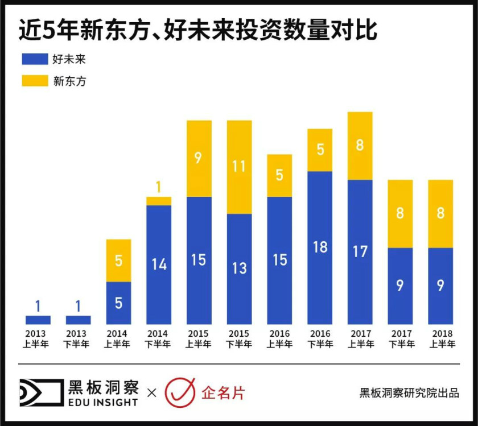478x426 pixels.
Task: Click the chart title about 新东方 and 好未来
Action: (x=197, y=31)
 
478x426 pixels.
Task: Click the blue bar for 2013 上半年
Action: (x=38, y=320)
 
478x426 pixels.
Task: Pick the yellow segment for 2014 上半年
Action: (x=118, y=260)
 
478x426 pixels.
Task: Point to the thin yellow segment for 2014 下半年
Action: (x=159, y=201)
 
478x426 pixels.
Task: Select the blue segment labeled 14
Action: (x=159, y=264)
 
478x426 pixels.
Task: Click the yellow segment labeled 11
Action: (x=240, y=167)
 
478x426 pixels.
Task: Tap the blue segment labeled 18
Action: (x=320, y=247)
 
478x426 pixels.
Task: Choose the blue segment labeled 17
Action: (x=360, y=252)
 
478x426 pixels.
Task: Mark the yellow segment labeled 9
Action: (x=199, y=159)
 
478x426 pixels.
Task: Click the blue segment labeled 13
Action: (x=240, y=268)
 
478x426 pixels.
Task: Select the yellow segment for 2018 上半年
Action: (x=440, y=214)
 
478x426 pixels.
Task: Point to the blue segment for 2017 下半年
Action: (x=400, y=286)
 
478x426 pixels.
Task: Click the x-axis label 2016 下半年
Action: (x=320, y=339)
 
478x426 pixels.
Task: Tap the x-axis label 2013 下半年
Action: (x=78, y=339)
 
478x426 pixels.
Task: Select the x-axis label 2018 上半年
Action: (x=440, y=339)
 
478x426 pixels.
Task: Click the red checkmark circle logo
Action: (x=180, y=392)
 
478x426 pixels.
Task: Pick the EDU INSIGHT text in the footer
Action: (x=102, y=402)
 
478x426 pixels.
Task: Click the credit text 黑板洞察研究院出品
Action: (x=409, y=393)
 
